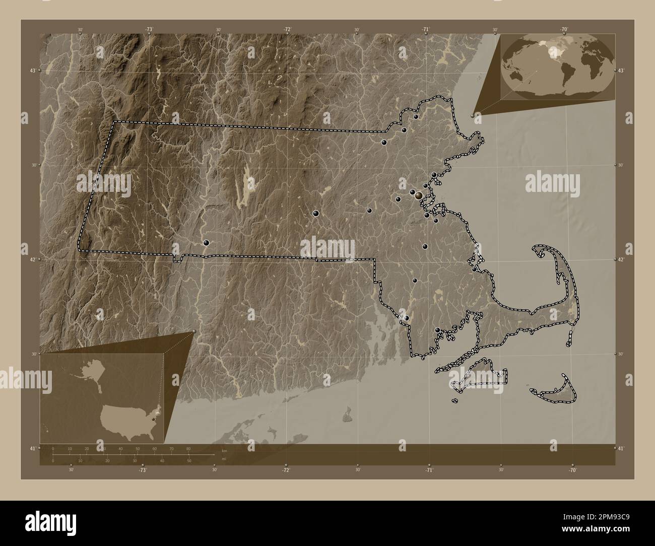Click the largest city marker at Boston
pos(418,194)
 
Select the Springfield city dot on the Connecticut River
pos(206,242)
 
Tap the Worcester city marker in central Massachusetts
pos(315,214)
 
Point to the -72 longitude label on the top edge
pos(287,29)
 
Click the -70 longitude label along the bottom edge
pos(572,469)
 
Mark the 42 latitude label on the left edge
pos(31,259)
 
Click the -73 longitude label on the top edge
pos(149,29)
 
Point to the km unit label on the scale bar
pos(225,451)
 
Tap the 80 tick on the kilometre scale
pos(188,448)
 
